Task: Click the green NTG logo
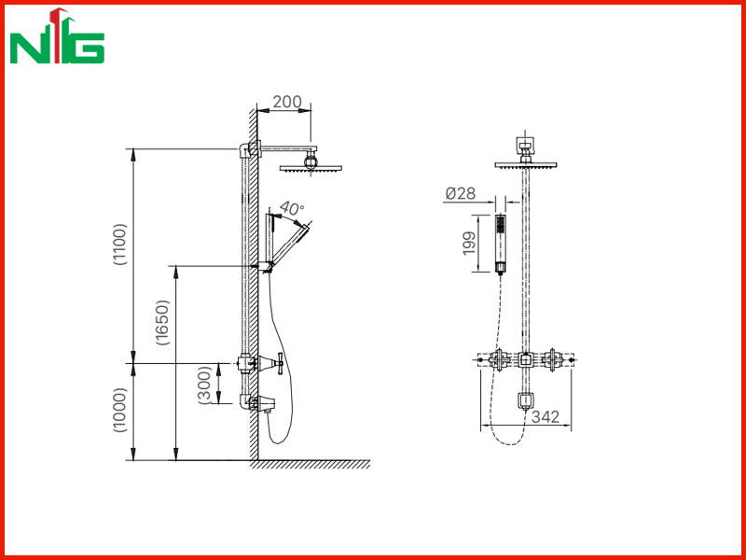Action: [x=57, y=36]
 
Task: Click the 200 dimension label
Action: [x=287, y=102]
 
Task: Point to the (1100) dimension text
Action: [x=120, y=244]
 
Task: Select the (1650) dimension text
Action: [x=162, y=322]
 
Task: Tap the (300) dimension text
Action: [x=204, y=385]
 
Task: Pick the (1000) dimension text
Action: [x=120, y=410]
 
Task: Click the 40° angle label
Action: [x=292, y=208]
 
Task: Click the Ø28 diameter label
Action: [x=460, y=193]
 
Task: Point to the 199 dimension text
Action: [x=469, y=243]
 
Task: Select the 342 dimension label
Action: [x=546, y=416]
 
